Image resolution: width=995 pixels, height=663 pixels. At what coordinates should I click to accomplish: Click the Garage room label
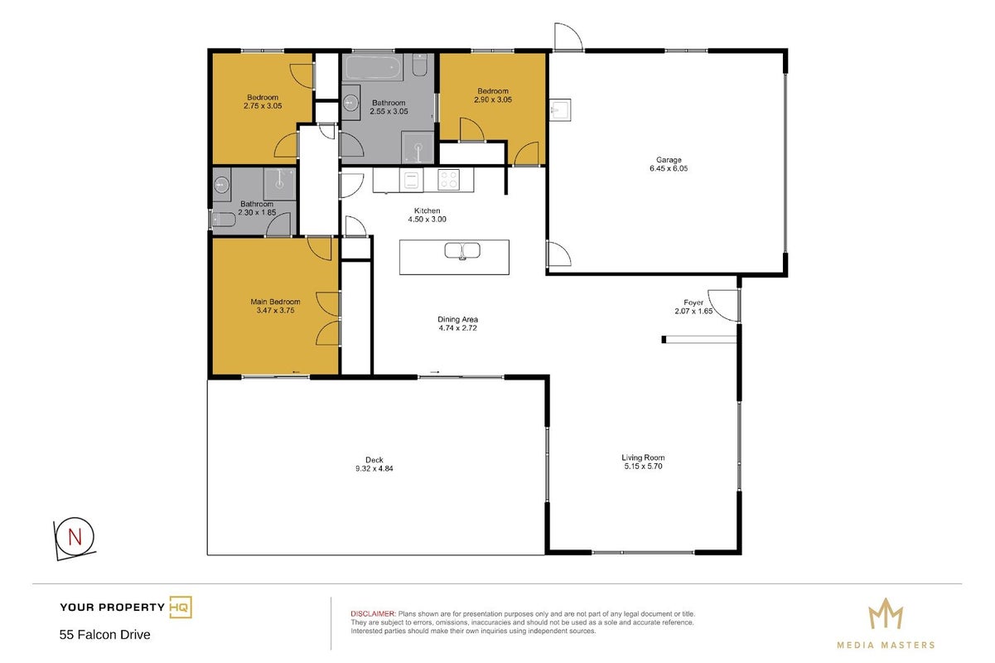tap(669, 159)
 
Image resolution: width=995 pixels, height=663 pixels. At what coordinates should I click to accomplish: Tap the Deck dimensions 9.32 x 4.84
tap(374, 468)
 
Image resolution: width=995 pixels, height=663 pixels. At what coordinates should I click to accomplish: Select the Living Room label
tap(643, 457)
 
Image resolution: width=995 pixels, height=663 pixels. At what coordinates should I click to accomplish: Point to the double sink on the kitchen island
tap(462, 250)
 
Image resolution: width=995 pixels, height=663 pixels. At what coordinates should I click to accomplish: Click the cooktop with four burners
tap(448, 180)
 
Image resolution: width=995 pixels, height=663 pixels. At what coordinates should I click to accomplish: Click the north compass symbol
tap(75, 539)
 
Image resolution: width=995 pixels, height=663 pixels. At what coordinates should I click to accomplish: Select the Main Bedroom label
tap(275, 302)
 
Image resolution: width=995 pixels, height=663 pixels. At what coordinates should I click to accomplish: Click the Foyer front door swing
tap(723, 305)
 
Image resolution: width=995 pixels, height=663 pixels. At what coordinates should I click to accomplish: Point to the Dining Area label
tap(457, 319)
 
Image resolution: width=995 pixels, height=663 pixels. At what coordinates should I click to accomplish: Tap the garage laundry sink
tap(560, 109)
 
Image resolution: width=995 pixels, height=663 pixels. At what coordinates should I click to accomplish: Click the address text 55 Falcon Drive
tap(105, 635)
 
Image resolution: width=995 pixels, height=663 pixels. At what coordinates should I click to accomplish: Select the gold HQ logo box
tap(181, 607)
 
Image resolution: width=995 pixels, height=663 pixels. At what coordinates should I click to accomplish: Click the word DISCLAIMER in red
tap(373, 613)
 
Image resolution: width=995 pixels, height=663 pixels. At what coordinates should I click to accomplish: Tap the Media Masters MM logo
tap(886, 613)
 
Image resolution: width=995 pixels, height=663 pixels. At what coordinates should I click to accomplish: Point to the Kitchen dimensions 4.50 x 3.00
tap(427, 219)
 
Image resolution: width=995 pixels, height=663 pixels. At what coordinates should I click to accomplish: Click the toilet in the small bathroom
tap(224, 220)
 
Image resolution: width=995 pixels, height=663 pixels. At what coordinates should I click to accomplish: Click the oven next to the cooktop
tap(411, 181)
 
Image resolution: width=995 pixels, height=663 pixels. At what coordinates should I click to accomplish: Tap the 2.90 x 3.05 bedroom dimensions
tap(493, 99)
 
